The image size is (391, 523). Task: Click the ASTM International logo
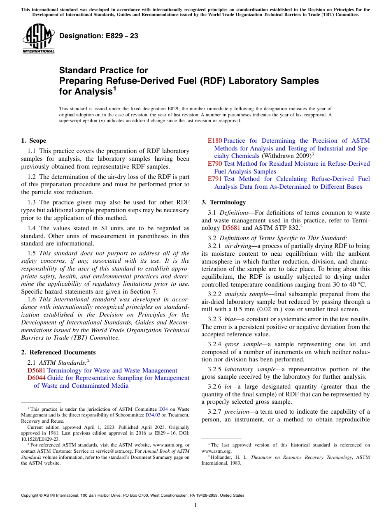(38, 39)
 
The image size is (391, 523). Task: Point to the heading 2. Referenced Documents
(58, 352)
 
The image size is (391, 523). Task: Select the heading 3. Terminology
(223, 202)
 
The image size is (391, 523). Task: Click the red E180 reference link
(214, 141)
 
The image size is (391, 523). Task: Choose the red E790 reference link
(214, 164)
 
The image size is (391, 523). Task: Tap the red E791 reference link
(214, 179)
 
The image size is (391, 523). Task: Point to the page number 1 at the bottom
(195, 505)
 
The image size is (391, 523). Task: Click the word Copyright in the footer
(31, 495)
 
